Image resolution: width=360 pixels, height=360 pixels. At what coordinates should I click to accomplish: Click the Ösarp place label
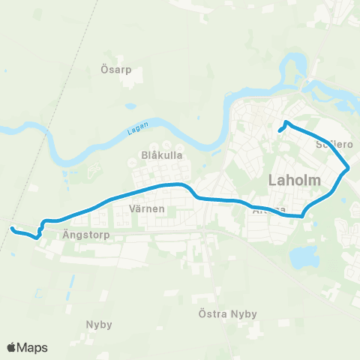(x=116, y=70)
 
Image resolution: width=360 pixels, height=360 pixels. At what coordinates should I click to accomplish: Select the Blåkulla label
(x=157, y=155)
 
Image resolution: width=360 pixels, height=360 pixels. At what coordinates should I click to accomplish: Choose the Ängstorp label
(x=87, y=234)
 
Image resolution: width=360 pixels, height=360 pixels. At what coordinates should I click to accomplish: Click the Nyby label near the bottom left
(x=99, y=325)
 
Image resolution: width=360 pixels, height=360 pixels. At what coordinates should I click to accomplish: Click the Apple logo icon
(x=12, y=347)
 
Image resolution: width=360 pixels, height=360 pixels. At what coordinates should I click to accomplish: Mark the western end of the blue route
(x=12, y=228)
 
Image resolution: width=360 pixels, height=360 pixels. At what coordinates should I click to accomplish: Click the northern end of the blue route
(x=286, y=122)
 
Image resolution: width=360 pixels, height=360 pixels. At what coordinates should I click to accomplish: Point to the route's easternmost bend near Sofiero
(x=349, y=168)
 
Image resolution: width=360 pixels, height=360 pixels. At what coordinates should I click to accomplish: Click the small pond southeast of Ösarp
(x=130, y=106)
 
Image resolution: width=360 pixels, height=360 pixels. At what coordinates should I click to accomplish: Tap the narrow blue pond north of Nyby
(x=71, y=283)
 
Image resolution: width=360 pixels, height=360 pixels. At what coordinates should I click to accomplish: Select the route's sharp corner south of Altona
(x=301, y=216)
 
